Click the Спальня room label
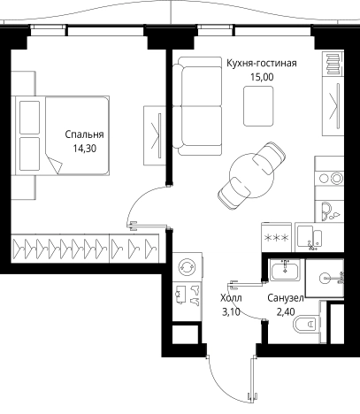(84, 134)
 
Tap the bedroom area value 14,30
(85, 149)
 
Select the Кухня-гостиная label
(262, 63)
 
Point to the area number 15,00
(262, 77)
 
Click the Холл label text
(231, 298)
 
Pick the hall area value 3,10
(231, 311)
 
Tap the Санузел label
(286, 298)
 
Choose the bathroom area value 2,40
(286, 311)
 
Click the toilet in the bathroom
(307, 324)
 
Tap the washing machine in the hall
(188, 266)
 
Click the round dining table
(251, 175)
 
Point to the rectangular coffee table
(258, 106)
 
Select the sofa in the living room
(197, 106)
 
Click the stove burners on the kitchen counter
(330, 178)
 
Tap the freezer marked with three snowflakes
(276, 237)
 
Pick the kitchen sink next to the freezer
(309, 237)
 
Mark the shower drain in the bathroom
(326, 278)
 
